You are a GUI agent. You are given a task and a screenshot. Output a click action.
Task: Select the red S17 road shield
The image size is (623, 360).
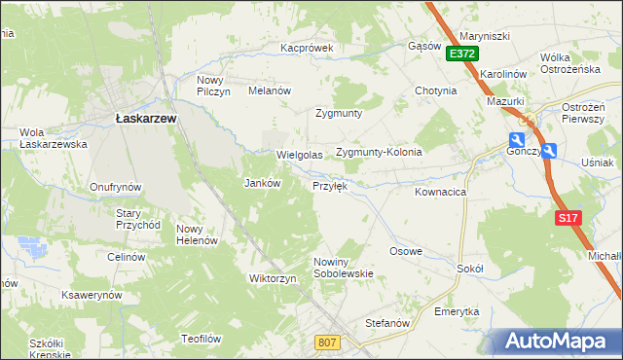[x=569, y=218]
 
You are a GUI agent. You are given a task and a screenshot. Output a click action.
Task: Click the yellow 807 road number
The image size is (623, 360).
[x=327, y=342]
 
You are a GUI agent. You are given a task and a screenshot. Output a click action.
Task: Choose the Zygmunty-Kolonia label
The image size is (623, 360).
[x=379, y=153]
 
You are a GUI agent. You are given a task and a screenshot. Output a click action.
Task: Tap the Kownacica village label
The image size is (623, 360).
[x=440, y=193]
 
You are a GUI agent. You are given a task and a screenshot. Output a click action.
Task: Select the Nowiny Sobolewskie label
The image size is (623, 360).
[x=344, y=268]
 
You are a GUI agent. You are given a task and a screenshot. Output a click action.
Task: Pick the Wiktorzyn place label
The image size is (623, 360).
[x=273, y=278]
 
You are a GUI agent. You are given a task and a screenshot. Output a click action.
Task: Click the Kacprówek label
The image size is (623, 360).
[x=307, y=47]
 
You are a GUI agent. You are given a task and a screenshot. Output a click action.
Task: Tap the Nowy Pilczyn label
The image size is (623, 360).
[x=213, y=86]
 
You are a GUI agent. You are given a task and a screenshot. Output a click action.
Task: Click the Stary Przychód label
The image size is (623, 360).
[x=138, y=218]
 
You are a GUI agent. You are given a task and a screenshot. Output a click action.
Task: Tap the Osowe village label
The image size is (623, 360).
[x=406, y=251]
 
